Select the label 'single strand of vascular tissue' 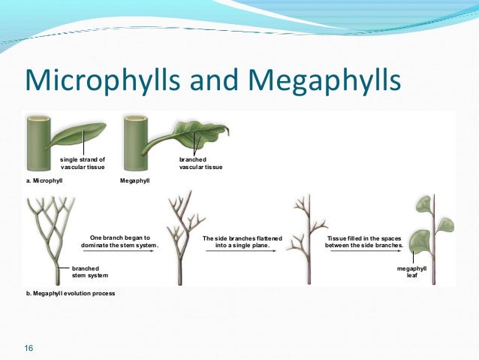[x=83, y=163]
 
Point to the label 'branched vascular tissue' [x=200, y=163]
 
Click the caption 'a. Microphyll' [x=45, y=182]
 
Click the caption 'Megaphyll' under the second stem [x=135, y=182]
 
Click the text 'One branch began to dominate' [x=120, y=241]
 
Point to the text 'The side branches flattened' [x=243, y=241]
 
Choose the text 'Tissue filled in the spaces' [x=364, y=241]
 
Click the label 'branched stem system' [x=86, y=271]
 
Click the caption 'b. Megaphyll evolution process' [x=71, y=293]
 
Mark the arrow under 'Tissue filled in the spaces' [x=364, y=253]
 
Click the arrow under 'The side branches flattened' [x=243, y=253]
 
